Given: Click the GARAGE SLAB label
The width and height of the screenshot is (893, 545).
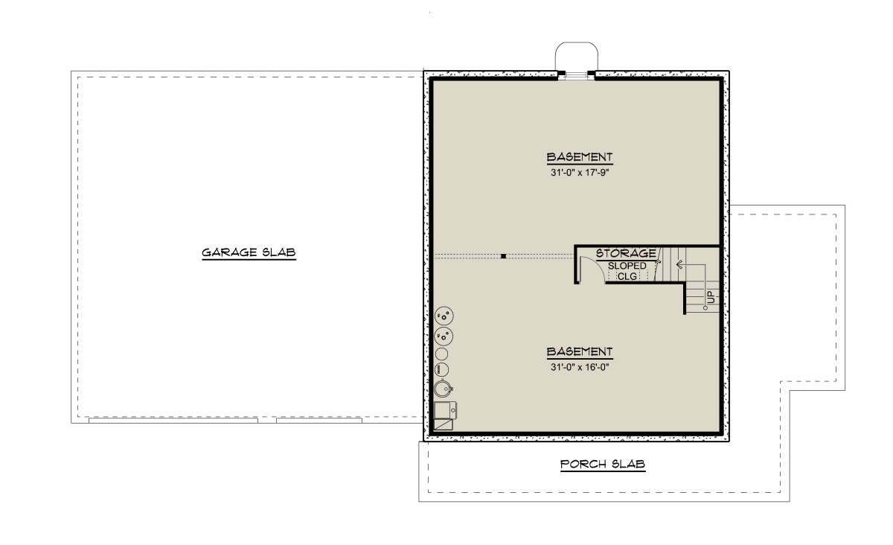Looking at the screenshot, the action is coord(249,252).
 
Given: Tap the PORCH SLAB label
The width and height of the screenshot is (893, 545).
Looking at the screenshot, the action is coord(603,464).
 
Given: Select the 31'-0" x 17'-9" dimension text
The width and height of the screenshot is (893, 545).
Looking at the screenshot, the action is coord(580,173).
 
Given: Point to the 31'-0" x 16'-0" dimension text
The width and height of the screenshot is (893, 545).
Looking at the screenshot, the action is coord(580,367).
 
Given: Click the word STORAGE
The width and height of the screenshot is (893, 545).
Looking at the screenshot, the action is coord(626,253).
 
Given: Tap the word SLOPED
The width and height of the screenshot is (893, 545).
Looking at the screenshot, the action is coord(627,266).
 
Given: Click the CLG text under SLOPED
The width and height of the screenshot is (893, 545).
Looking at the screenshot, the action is coord(627,276).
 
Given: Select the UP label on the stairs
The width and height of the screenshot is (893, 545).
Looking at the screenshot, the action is coord(711,296).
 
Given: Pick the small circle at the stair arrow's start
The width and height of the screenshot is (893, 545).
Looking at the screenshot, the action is coord(705,308).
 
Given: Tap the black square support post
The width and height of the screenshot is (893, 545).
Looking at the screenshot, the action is coord(504,256).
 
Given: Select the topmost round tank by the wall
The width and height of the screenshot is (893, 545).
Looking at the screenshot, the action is coord(444,316).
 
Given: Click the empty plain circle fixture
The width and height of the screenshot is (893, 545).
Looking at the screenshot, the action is coord(441,354).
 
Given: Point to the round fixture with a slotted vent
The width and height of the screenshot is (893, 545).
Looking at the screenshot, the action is coord(442,369).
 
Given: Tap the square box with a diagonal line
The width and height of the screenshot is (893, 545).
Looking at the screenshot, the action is coord(443,424).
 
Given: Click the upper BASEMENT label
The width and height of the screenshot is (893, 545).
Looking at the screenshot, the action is coord(579,157).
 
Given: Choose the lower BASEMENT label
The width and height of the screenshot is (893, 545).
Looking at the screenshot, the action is coord(579,352).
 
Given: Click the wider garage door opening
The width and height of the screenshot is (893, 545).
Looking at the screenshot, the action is coord(173,420).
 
